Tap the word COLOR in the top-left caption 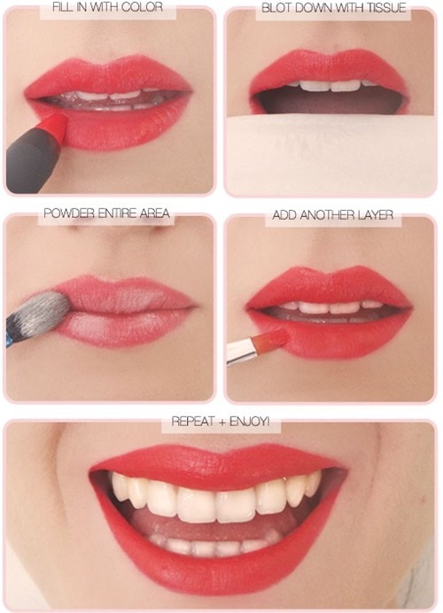click(x=146, y=7)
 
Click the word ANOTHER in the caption click(x=325, y=214)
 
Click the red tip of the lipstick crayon click(x=56, y=125)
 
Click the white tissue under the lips click(x=330, y=154)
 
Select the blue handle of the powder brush click(x=9, y=339)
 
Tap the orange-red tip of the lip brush click(x=271, y=338)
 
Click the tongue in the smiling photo click(x=211, y=526)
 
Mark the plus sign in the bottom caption click(x=221, y=422)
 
